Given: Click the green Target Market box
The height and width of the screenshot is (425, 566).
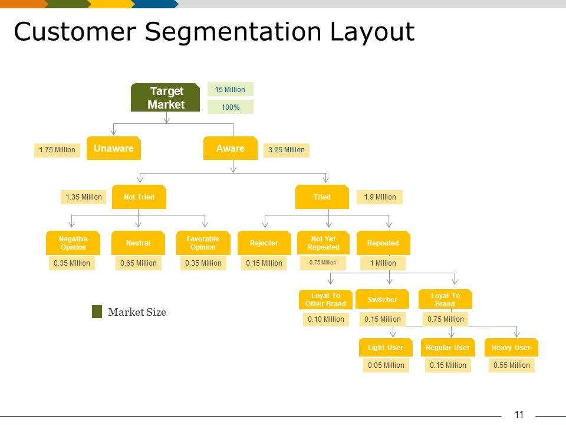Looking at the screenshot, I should [166, 98].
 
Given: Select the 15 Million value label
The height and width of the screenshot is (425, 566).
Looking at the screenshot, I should [230, 90].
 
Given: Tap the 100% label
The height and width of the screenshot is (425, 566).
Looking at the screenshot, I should [230, 107].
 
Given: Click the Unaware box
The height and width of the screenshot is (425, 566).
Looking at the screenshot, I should [113, 149].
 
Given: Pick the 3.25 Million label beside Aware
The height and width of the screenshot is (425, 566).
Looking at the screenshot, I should [286, 150].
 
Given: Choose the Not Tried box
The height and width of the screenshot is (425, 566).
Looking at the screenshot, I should [139, 197].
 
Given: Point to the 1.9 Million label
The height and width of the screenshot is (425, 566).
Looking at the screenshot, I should [380, 197].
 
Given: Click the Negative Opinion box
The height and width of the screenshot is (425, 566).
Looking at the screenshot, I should [73, 243].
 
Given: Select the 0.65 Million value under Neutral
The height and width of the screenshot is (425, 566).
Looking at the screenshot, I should [139, 263].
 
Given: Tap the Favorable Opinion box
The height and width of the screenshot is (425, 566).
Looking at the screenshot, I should [203, 243].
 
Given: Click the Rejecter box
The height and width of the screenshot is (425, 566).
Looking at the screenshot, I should [264, 243].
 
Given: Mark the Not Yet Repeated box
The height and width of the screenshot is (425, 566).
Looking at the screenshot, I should [323, 243].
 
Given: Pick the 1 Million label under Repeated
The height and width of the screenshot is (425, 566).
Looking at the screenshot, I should [383, 263].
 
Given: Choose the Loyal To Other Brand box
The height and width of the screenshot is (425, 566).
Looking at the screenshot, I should [325, 300].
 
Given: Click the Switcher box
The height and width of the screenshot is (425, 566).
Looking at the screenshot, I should [383, 300].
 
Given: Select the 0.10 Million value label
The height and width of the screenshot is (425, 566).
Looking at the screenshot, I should [325, 319].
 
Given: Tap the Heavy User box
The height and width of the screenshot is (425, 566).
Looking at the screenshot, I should [511, 348].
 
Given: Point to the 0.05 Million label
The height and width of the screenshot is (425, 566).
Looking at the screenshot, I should [386, 365].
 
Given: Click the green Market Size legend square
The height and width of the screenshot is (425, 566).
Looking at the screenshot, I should [97, 312].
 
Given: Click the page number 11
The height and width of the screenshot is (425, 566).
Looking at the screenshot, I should [519, 414].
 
